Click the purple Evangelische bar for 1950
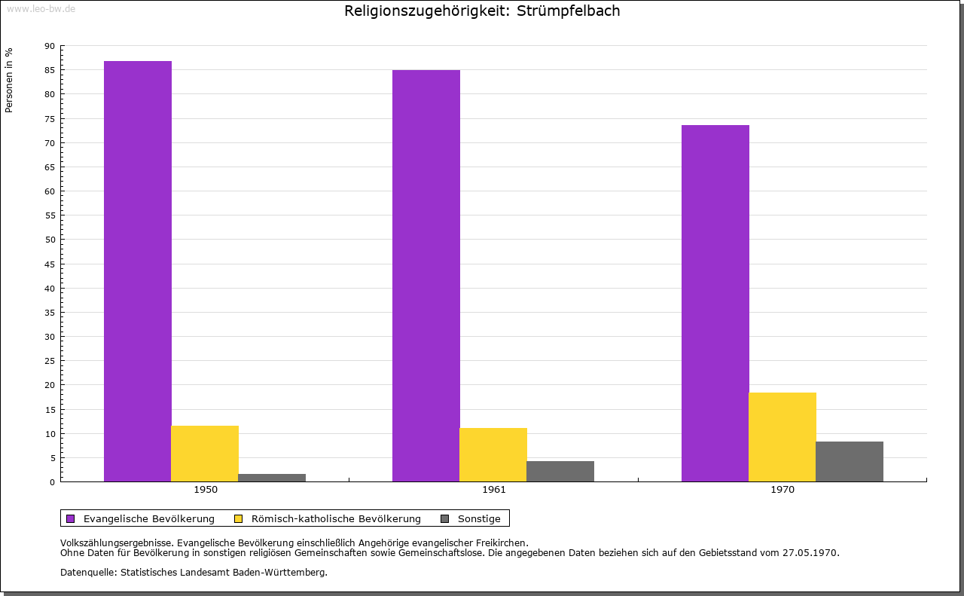pos(138,271)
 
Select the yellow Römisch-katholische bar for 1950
pos(205,454)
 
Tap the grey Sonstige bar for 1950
pos(272,478)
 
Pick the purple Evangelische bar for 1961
pos(426,276)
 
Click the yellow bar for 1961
pos(493,454)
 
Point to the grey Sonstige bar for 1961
pos(560,471)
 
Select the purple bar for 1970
pos(715,303)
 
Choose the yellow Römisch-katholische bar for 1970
pos(782,437)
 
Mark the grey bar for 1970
pos(850,461)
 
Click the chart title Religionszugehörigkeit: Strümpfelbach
pos(482,11)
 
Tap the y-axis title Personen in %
pos(9,80)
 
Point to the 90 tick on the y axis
pos(50,46)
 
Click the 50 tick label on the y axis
pos(50,240)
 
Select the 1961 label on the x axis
pos(494,490)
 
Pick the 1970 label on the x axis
pos(782,490)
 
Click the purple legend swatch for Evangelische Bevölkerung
pos(71,518)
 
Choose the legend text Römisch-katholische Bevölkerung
pos(336,518)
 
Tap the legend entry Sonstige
pos(479,518)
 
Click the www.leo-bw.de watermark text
pos(41,8)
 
